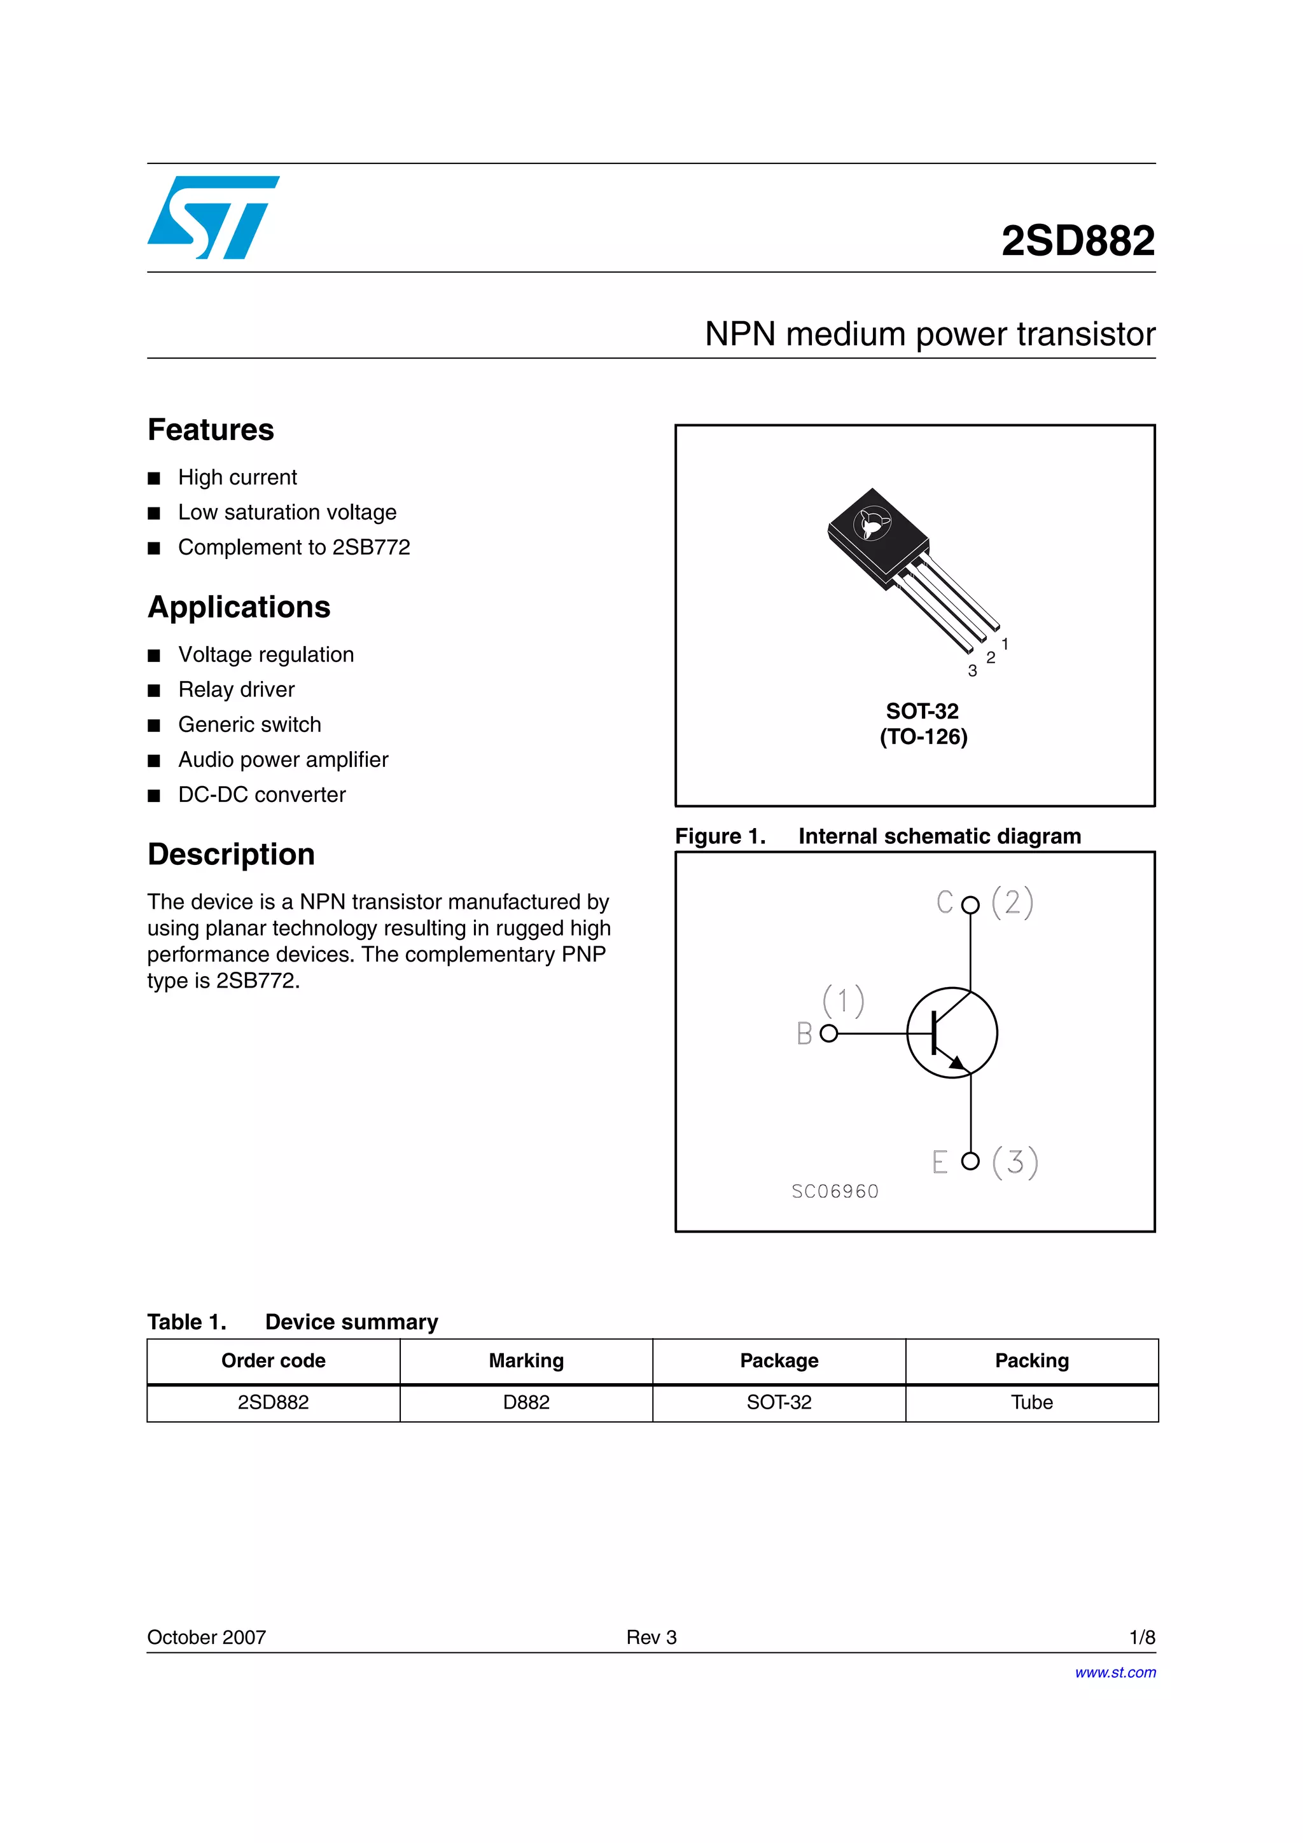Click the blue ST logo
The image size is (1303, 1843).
click(x=213, y=217)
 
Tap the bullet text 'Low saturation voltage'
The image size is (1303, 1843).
click(x=286, y=512)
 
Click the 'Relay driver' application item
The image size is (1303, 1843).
click(x=236, y=689)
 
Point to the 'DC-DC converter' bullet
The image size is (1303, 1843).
click(x=261, y=795)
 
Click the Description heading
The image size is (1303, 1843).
click(x=230, y=854)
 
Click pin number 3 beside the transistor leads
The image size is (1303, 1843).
click(x=972, y=671)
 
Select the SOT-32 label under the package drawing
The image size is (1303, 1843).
click(x=922, y=711)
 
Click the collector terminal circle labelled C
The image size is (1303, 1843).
click(x=970, y=904)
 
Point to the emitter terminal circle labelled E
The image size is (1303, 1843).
click(x=970, y=1161)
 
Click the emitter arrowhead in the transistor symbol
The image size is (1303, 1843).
click(x=957, y=1063)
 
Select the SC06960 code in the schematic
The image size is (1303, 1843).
click(x=834, y=1191)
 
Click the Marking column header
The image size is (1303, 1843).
click(x=526, y=1360)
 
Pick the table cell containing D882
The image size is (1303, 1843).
click(x=526, y=1402)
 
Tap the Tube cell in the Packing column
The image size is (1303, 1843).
click(x=1031, y=1402)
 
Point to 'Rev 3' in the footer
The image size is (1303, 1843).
click(x=651, y=1637)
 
